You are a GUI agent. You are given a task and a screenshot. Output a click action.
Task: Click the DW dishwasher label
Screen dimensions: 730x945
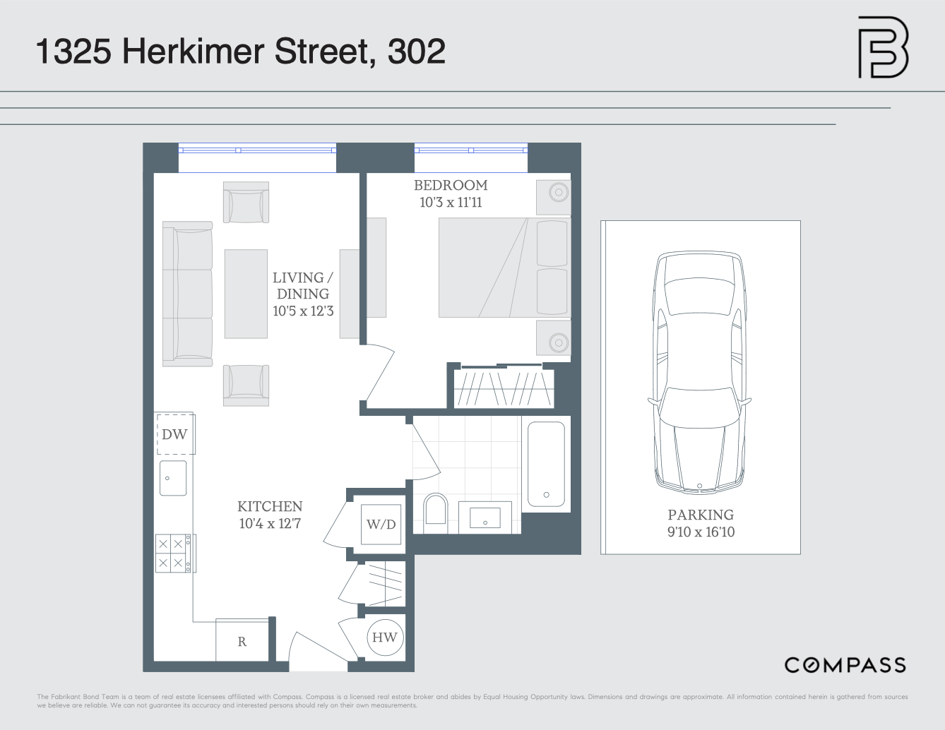coord(174,434)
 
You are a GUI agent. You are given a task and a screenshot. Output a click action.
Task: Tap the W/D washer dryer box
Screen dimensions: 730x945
coord(381,525)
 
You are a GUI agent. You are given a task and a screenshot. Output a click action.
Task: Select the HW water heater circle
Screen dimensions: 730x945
coord(384,638)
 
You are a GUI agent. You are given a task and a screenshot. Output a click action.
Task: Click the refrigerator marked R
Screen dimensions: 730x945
coord(242,641)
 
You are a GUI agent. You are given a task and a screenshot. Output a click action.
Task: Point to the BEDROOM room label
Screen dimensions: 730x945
coord(451,185)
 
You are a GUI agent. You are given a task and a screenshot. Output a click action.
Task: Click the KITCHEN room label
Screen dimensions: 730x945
coord(270,506)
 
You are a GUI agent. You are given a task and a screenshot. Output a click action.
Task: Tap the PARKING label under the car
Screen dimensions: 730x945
coord(701,515)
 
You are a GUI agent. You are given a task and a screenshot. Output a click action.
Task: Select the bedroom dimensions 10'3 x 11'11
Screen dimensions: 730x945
coord(451,203)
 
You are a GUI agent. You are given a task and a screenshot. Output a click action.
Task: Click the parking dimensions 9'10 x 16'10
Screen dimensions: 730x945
coord(701,532)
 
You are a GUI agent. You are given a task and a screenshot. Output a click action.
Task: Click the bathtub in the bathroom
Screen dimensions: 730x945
coord(546,464)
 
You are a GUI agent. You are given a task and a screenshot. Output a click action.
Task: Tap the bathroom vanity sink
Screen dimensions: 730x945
coord(485,517)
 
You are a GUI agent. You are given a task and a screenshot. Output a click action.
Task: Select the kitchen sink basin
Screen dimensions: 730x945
coord(173,478)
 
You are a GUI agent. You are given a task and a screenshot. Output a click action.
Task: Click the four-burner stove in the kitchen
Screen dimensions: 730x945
coord(172,553)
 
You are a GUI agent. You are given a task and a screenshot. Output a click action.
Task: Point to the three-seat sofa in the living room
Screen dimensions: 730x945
coord(187,294)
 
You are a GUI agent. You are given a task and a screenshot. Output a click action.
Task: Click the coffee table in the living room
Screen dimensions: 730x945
coord(246,294)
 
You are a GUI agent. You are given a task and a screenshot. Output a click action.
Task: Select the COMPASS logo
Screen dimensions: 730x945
coord(845,665)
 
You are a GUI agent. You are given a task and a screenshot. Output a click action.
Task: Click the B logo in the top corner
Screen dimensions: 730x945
coord(883,47)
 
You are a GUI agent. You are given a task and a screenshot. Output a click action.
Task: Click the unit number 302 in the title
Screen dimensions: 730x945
coord(417,52)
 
